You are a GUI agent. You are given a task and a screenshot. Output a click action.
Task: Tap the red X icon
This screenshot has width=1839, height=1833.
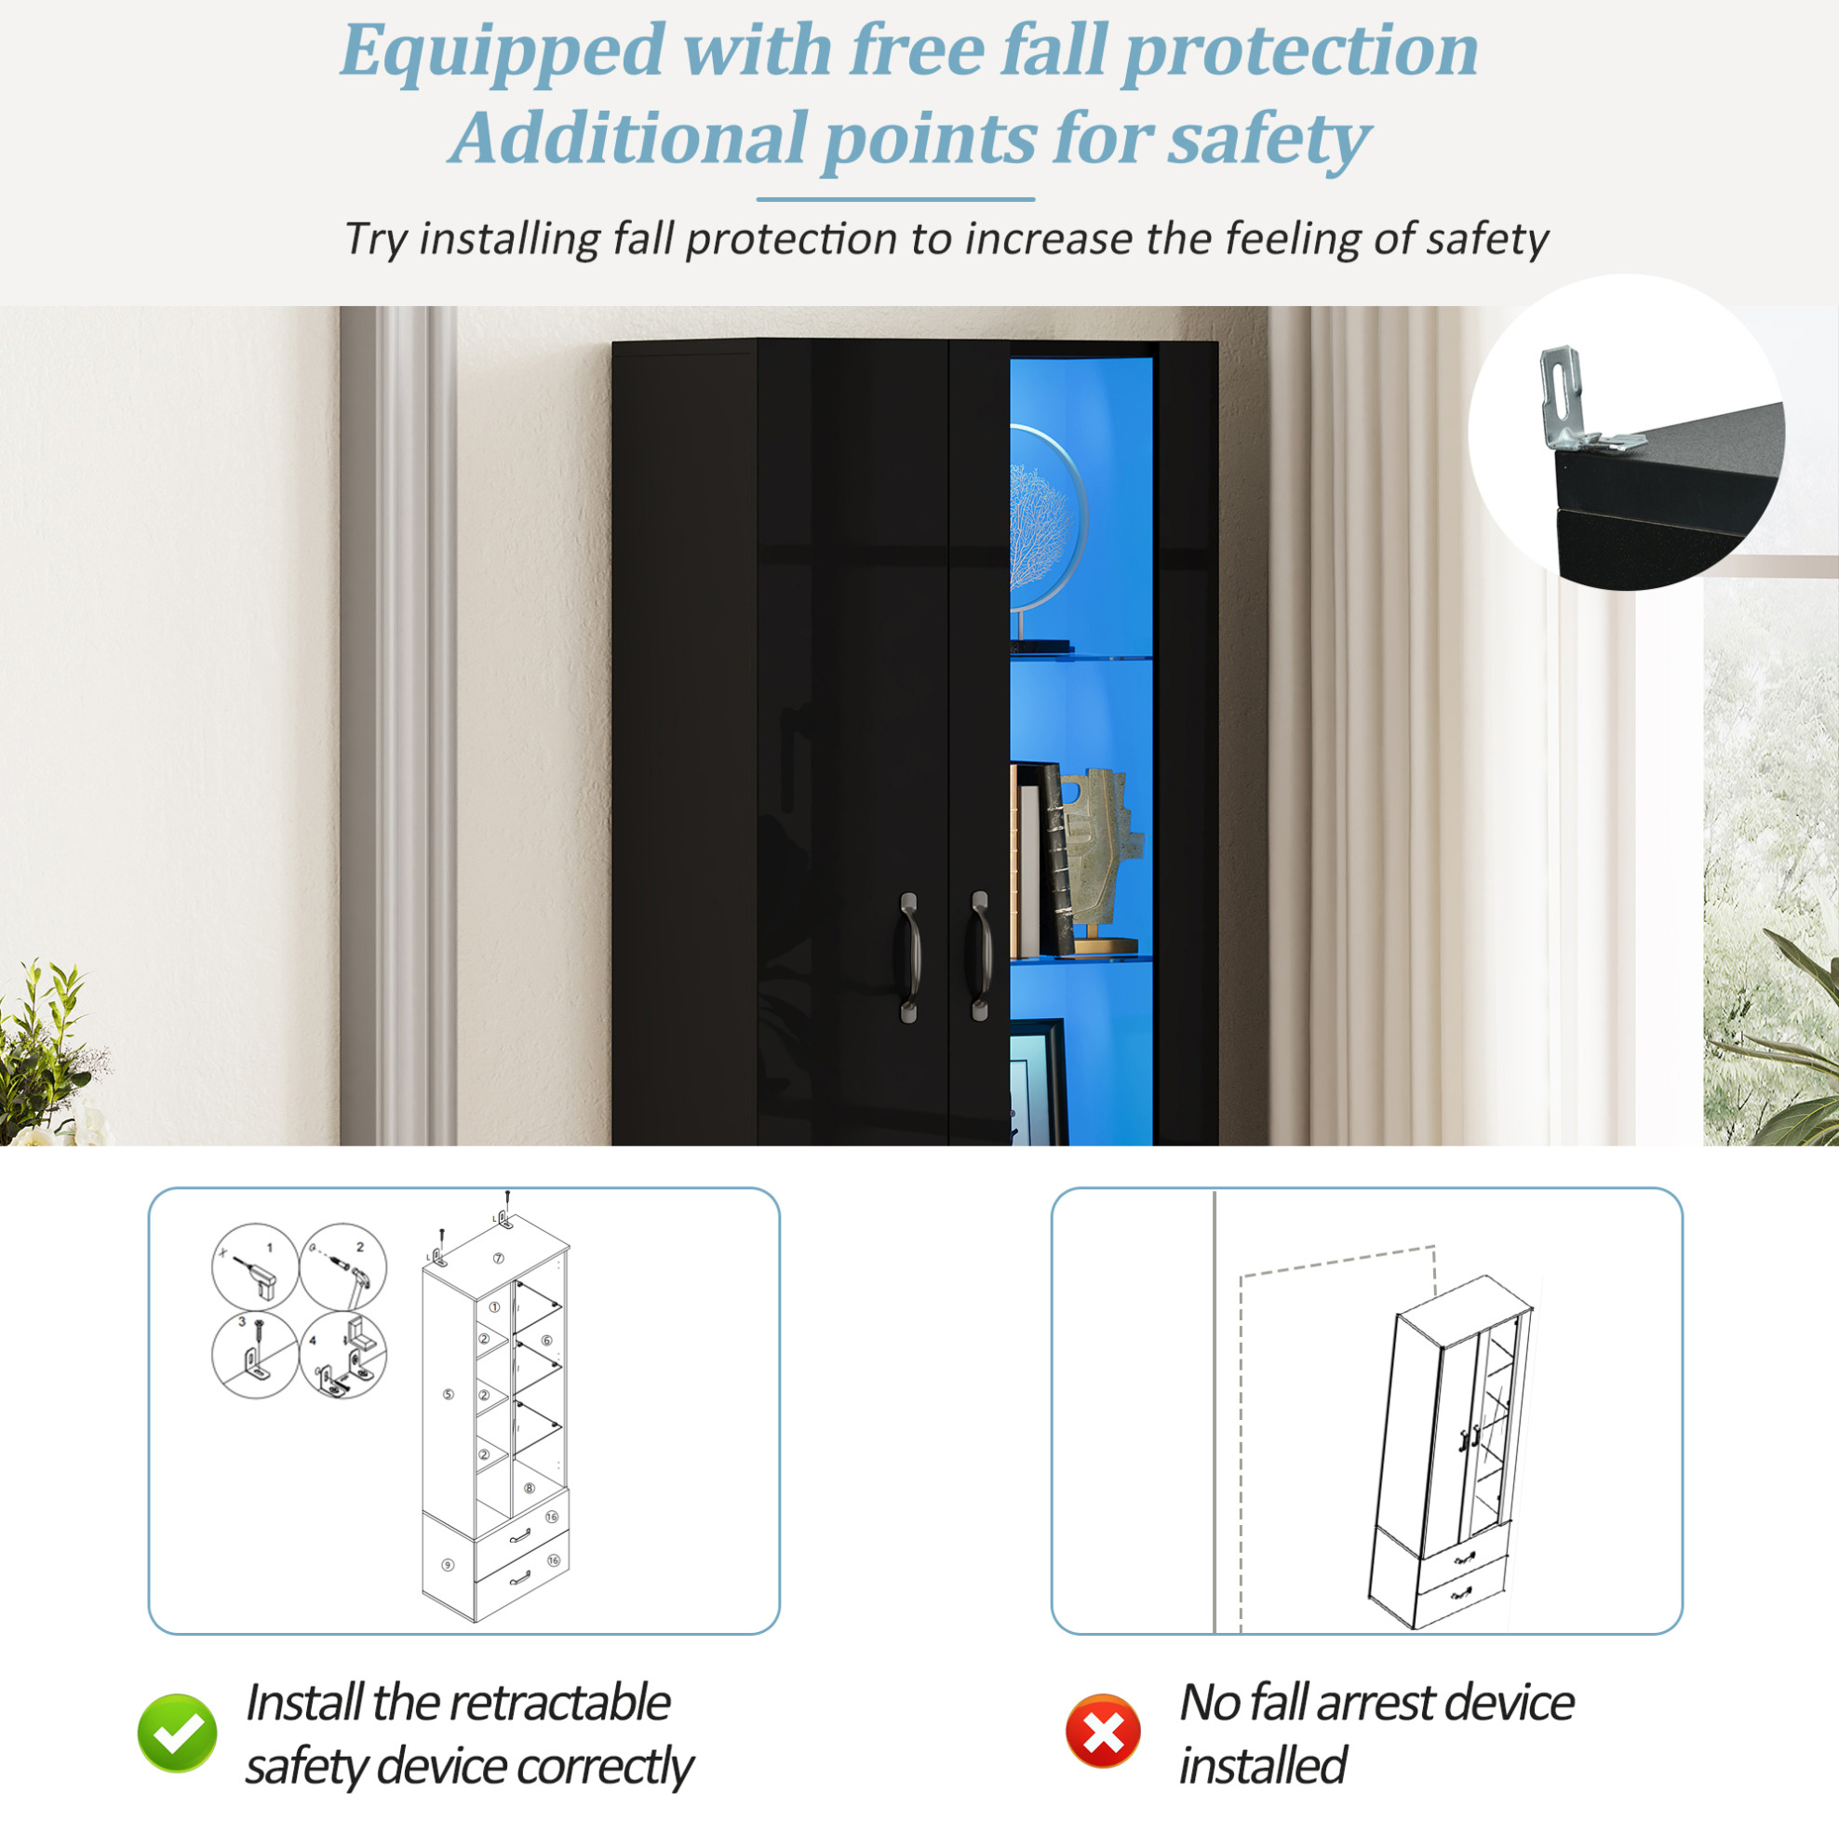[1103, 1732]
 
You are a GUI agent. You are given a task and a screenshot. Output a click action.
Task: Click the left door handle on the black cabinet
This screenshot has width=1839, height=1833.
[909, 957]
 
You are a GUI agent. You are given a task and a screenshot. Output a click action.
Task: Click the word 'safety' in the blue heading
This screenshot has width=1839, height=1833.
[1269, 139]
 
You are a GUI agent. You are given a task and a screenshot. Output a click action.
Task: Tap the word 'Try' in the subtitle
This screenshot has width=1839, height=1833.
[375, 239]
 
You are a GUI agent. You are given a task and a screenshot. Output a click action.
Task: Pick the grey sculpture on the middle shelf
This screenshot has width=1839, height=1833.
[1101, 857]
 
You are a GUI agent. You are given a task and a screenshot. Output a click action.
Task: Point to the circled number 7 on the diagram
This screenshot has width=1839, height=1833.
[498, 1258]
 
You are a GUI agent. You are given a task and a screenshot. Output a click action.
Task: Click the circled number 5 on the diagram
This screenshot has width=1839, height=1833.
[449, 1394]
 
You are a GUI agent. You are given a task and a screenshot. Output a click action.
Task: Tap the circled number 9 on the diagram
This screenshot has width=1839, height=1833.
[448, 1565]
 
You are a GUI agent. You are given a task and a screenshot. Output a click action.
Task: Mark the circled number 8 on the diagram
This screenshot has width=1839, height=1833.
[530, 1489]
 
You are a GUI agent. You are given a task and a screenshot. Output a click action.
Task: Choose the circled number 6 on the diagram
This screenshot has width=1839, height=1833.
[546, 1340]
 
